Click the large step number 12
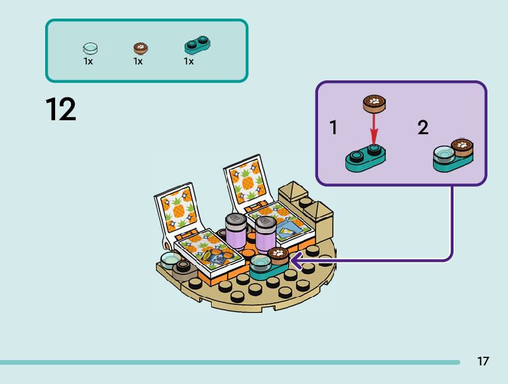click(61, 110)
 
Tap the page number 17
click(483, 361)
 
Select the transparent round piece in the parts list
click(90, 48)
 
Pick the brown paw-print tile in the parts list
click(140, 48)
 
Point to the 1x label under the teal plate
click(189, 61)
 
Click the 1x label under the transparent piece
click(88, 61)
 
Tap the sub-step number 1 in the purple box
click(334, 128)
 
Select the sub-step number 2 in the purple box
click(423, 128)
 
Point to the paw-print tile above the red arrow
click(375, 104)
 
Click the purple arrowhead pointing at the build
click(294, 261)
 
